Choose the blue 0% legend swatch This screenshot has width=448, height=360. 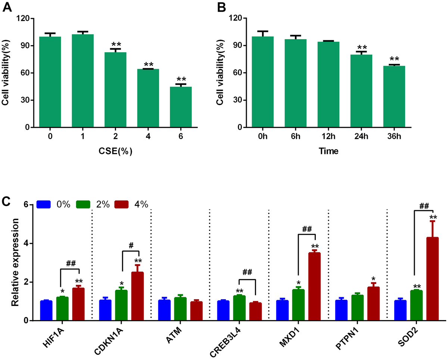pyautogui.click(x=44, y=204)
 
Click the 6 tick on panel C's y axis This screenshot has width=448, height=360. pyautogui.click(x=26, y=205)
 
